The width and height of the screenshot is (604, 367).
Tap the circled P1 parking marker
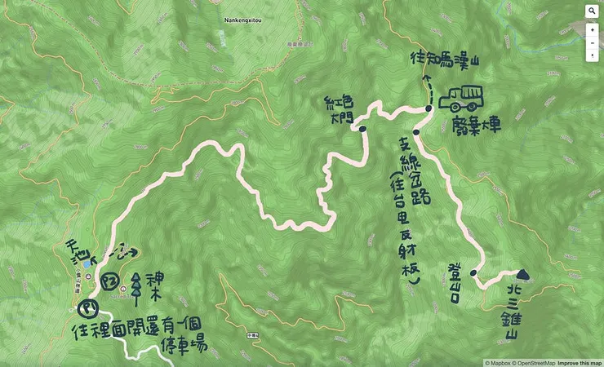(x=86, y=309)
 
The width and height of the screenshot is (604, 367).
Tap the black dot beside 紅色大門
(x=362, y=128)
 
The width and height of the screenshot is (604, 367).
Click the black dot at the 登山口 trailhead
(x=473, y=273)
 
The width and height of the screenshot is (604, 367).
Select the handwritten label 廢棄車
(x=474, y=126)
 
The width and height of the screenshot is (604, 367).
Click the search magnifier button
(x=592, y=12)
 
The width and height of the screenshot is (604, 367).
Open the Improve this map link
(x=579, y=362)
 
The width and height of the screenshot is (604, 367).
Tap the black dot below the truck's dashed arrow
(x=428, y=109)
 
